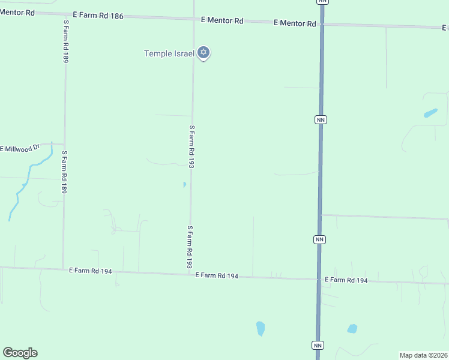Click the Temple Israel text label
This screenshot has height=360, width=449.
tap(169, 53)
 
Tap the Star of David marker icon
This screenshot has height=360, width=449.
tap(203, 53)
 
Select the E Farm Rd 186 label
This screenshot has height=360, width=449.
tap(98, 16)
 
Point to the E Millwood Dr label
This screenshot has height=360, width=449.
tap(20, 148)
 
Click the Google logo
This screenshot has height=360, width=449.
tap(20, 353)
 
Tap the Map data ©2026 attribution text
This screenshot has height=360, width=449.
tap(423, 355)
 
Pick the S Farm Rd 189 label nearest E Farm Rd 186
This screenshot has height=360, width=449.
tap(65, 41)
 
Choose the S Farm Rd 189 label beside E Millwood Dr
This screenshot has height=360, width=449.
tap(64, 172)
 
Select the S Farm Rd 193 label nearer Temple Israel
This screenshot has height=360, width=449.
tap(192, 146)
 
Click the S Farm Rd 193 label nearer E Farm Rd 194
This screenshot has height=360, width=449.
tap(190, 247)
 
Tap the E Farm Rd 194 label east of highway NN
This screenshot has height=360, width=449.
tap(346, 280)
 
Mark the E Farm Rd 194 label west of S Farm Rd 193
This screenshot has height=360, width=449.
tap(90, 271)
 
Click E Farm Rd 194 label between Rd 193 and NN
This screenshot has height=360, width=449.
tap(217, 276)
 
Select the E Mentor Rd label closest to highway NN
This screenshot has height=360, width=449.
tap(294, 23)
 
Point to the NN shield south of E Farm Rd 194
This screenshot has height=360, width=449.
tap(318, 345)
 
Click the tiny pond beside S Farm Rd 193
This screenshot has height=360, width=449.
tap(184, 185)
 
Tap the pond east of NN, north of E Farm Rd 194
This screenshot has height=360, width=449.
tap(430, 113)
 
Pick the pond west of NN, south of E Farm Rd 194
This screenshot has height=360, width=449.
tap(261, 328)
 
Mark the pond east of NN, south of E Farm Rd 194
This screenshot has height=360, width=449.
tap(352, 328)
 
